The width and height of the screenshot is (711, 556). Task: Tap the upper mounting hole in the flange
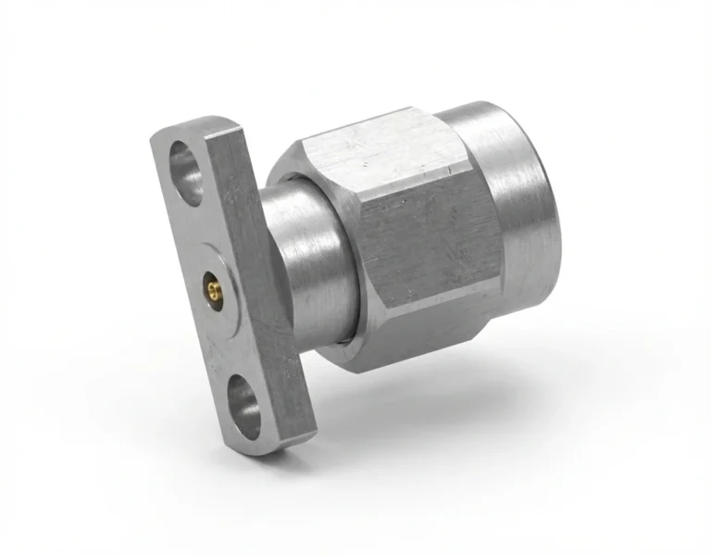tap(186, 171)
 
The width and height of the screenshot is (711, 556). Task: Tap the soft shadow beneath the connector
tap(444, 408)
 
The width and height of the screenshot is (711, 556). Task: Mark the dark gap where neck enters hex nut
tap(344, 278)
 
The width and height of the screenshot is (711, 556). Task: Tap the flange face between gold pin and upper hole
tap(198, 232)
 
